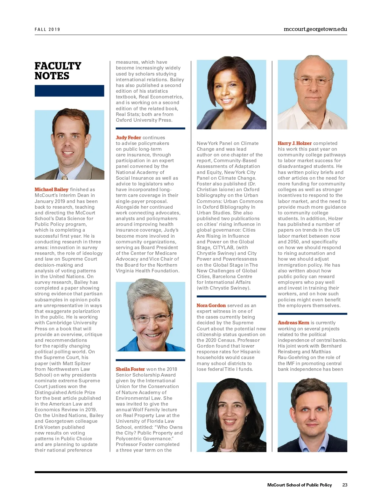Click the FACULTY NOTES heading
pos(58,71)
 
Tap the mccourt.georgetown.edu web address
pos(315,29)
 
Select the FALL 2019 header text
pos(47,29)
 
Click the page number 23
pos(345,485)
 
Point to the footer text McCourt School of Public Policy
pos(299,485)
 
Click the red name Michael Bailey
pos(52,190)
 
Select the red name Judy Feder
pos(128,138)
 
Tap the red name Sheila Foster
pos(130,369)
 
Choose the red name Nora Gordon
pos(211,306)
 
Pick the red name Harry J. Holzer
pos(294,143)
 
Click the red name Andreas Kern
pos(293,323)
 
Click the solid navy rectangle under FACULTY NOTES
pos(69,91)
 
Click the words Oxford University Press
pos(144,120)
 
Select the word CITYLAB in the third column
pos(223,248)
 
